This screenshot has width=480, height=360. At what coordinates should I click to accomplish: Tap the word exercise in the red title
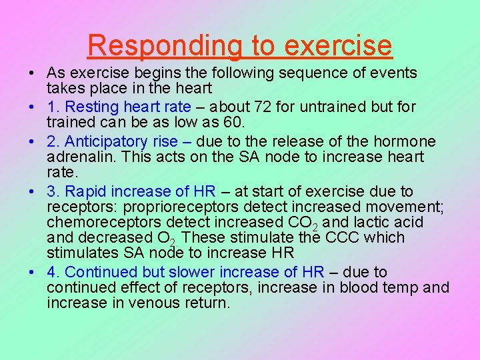(337, 45)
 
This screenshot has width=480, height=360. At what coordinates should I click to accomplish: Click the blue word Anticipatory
(113, 141)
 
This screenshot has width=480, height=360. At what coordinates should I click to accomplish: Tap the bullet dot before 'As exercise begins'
(32, 73)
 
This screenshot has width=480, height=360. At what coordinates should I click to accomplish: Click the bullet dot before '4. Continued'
(32, 273)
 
